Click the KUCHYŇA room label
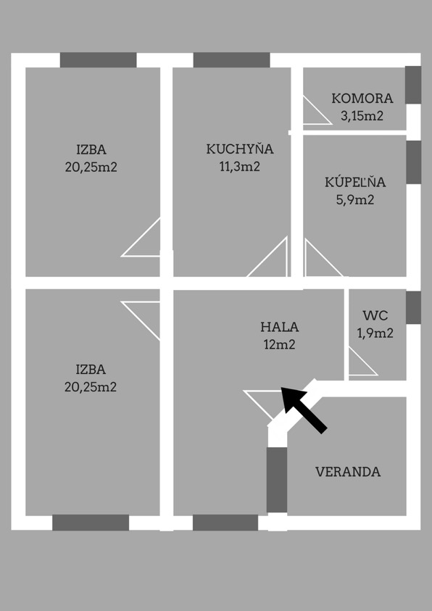click(240, 149)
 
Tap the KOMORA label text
click(362, 98)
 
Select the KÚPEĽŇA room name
click(355, 182)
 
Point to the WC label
click(375, 315)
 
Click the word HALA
click(280, 327)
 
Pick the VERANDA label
click(348, 472)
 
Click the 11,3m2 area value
click(240, 167)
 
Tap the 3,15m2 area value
click(362, 116)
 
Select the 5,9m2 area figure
click(355, 200)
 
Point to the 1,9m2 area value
click(375, 333)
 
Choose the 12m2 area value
click(280, 345)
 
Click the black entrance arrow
click(304, 410)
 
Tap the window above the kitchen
click(232, 60)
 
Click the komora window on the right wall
click(413, 85)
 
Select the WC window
click(413, 308)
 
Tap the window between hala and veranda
click(277, 480)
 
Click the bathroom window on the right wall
click(413, 162)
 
